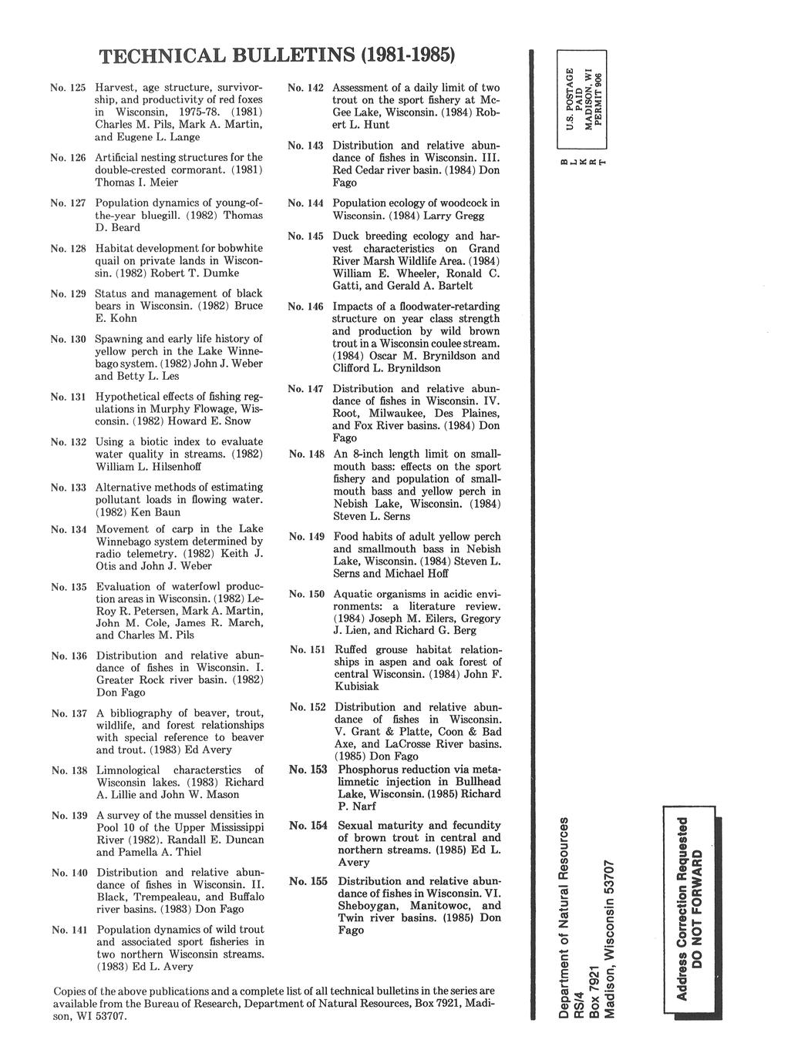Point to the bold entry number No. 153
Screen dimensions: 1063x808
308,770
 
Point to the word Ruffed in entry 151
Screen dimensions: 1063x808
352,650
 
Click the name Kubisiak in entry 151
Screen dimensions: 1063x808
356,687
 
